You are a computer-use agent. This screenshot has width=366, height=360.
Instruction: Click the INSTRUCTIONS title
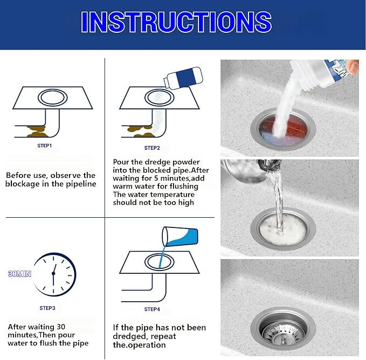click(x=176, y=22)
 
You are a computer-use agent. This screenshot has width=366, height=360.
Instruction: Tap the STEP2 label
click(x=152, y=147)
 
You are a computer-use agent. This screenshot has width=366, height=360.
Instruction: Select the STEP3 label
click(x=47, y=308)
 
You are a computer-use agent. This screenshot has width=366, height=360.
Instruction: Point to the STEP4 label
click(x=152, y=309)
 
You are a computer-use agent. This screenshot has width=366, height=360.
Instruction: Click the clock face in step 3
click(x=53, y=274)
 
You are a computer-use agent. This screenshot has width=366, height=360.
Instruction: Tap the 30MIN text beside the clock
click(x=19, y=274)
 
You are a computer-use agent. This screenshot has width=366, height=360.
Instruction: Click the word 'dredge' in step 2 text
click(x=163, y=162)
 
